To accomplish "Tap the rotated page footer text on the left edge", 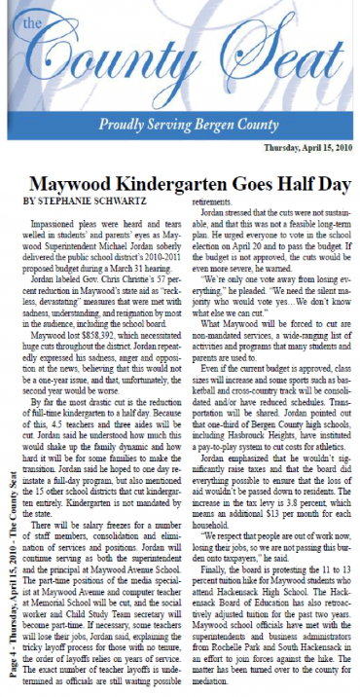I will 10,574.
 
